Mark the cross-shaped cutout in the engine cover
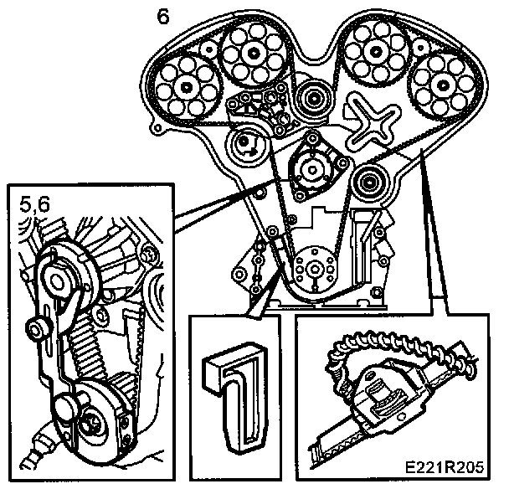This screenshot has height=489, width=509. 368,121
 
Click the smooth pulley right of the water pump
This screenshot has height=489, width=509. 368,180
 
